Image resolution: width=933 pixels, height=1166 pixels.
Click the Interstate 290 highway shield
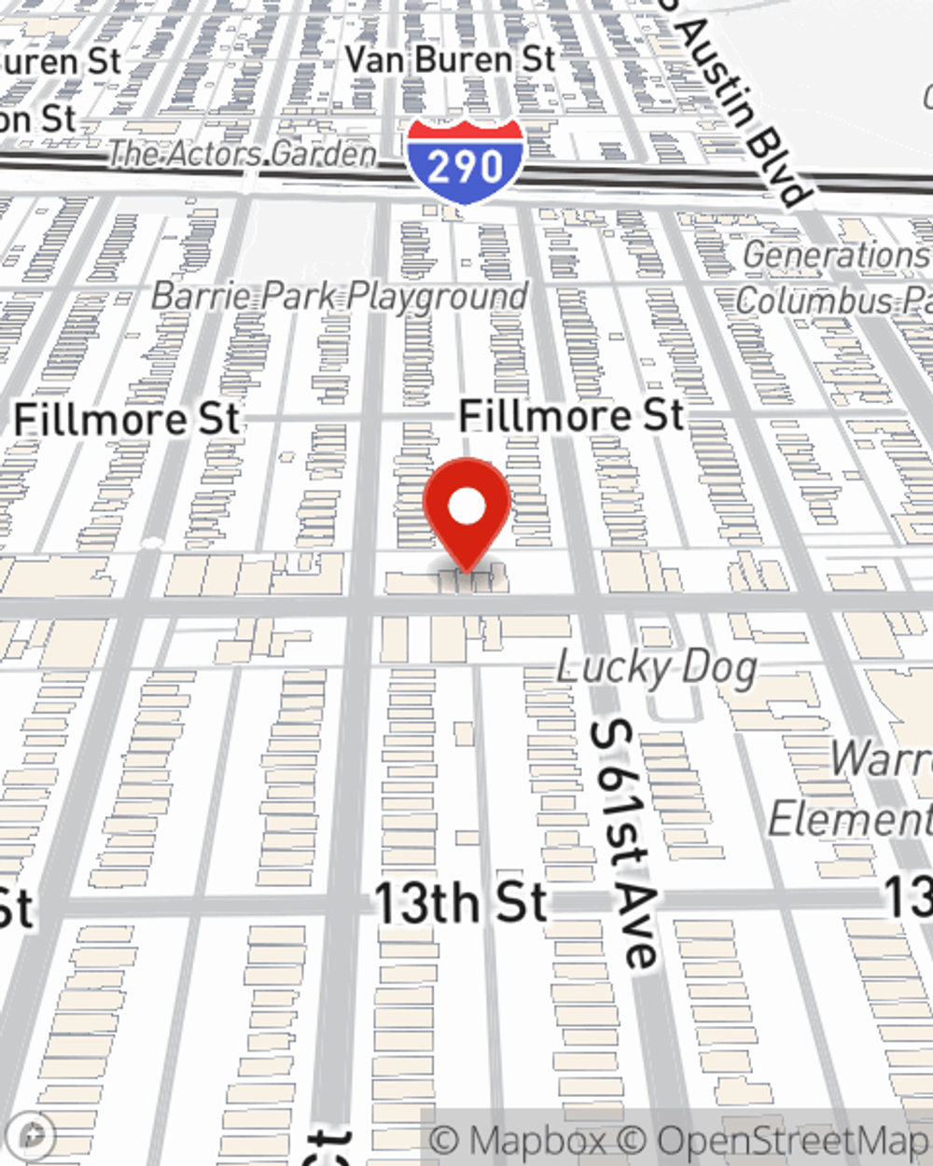pos(464,162)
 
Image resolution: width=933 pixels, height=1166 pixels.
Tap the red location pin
pos(466,514)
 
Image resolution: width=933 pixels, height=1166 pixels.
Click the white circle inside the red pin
pos(466,507)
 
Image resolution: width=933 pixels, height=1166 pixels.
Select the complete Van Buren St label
pos(451,60)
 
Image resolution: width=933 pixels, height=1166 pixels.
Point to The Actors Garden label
pos(243,153)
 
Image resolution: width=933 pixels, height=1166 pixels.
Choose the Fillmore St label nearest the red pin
pos(571,415)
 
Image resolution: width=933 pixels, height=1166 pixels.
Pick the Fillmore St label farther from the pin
pos(127,420)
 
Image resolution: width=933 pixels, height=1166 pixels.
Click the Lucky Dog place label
pos(656,668)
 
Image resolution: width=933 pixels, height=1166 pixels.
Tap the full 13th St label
pos(460,903)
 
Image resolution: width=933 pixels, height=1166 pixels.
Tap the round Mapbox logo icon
pos(34,1136)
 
